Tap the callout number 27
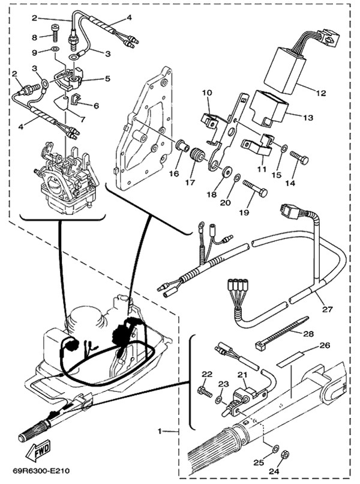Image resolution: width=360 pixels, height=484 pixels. (x=326, y=309)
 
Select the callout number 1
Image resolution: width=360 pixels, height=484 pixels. (x=160, y=431)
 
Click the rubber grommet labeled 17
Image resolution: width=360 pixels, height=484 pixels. (x=194, y=159)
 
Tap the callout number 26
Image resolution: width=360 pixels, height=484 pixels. (x=325, y=345)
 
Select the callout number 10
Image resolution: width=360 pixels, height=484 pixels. (x=206, y=93)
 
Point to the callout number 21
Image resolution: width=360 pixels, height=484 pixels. (x=242, y=375)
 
